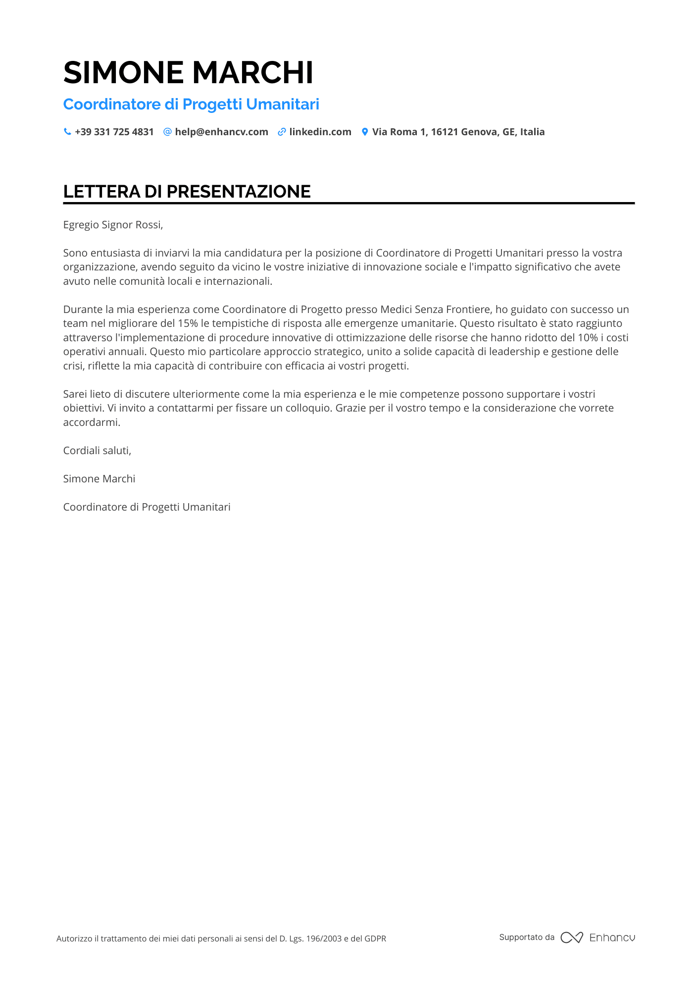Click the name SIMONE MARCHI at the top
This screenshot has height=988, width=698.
[188, 73]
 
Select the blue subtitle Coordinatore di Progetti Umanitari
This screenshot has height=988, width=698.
[191, 104]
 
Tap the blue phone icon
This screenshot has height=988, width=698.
[67, 132]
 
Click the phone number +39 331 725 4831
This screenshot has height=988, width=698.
[114, 132]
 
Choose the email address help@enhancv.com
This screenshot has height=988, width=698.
[221, 132]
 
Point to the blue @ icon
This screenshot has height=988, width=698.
[167, 132]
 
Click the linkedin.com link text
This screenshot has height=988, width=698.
[320, 132]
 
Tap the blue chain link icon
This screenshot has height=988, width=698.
[282, 132]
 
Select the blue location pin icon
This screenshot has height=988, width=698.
[365, 132]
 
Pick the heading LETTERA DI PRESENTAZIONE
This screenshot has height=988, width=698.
[187, 192]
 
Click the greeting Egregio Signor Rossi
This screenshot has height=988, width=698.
[113, 225]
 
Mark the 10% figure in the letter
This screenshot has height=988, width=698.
[588, 338]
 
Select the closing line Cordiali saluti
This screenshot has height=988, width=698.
[97, 451]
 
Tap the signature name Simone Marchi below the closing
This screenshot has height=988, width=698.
[99, 479]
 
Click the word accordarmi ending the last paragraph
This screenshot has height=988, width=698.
[92, 422]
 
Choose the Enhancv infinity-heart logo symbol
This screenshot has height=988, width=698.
[572, 937]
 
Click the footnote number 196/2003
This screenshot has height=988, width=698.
[324, 938]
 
